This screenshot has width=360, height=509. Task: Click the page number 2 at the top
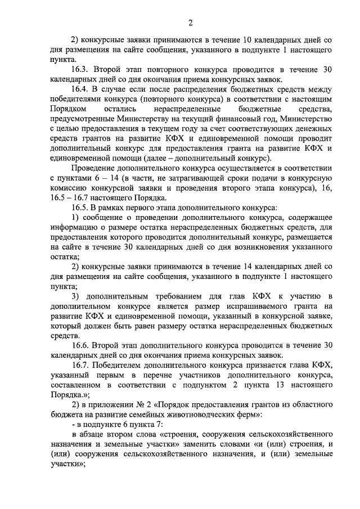click(x=190, y=22)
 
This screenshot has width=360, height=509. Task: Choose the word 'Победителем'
click(x=121, y=364)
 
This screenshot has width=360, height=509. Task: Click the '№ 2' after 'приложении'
click(x=137, y=405)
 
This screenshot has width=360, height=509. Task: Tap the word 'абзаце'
click(x=92, y=435)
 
